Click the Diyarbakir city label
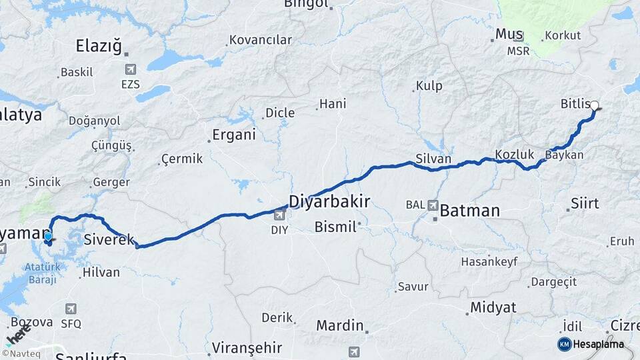[329, 201]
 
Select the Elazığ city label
[99, 46]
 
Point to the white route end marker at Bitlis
[595, 105]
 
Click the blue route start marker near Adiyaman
[48, 237]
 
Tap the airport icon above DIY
[279, 215]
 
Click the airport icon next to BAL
[433, 206]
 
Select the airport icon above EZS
[130, 69]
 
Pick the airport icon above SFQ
[71, 309]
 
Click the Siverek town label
[109, 239]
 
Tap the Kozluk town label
[514, 155]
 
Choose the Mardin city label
[339, 326]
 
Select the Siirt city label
[585, 203]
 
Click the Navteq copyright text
[21, 354]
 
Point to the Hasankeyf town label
[489, 262]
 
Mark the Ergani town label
[233, 135]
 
